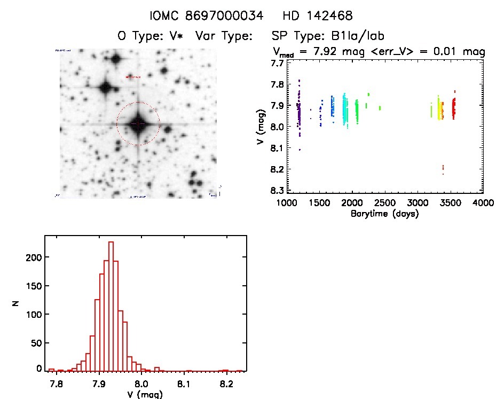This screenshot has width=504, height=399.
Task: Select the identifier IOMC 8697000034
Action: click(x=207, y=16)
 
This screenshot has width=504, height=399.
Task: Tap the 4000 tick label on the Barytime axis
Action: click(x=483, y=204)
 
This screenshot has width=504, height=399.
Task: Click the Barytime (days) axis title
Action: click(x=384, y=214)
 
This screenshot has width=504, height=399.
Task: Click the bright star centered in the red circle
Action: click(x=138, y=123)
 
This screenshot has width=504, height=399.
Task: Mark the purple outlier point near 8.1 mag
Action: click(x=300, y=150)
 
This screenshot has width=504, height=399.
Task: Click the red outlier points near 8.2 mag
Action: click(x=443, y=170)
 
